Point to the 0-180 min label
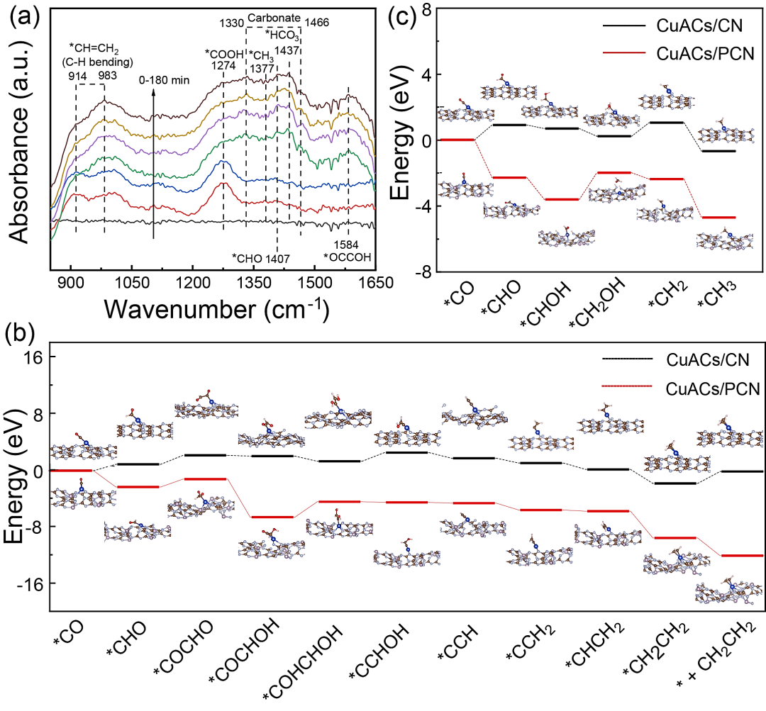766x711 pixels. point(164,80)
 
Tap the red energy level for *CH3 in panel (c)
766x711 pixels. point(718,217)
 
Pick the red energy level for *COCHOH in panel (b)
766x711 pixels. point(272,517)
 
